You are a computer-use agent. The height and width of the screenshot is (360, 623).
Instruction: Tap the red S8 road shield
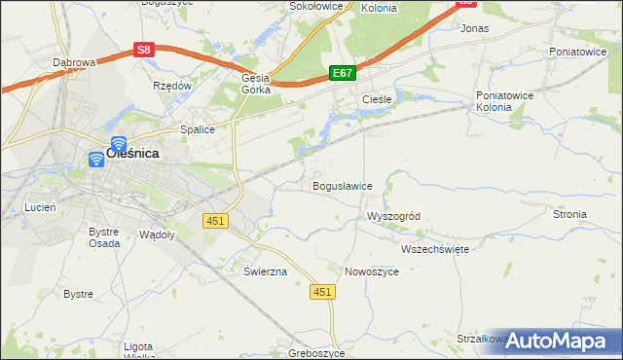(144, 50)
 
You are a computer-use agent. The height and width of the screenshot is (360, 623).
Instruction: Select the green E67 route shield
(342, 73)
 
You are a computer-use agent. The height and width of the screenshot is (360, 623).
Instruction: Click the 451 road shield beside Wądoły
(215, 221)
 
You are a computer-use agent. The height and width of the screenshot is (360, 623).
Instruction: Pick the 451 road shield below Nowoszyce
(323, 292)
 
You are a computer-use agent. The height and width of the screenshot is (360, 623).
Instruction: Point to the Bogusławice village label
(342, 186)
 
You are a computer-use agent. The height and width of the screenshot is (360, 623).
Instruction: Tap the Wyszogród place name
(392, 216)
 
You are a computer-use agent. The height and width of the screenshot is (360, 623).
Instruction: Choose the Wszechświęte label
(435, 249)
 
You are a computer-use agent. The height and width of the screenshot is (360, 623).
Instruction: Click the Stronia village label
(569, 214)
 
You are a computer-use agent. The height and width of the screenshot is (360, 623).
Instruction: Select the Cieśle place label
(377, 100)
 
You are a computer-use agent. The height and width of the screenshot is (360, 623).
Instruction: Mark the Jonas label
(474, 29)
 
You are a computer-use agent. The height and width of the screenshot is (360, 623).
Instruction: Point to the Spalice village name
(197, 128)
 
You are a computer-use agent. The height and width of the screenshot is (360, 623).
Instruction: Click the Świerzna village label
(266, 271)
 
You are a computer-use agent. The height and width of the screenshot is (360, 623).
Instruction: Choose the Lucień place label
(40, 208)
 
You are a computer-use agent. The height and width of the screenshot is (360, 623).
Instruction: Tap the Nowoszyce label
(372, 271)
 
